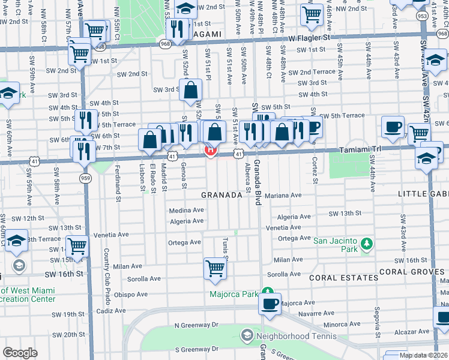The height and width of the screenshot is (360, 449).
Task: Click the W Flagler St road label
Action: click(309, 37)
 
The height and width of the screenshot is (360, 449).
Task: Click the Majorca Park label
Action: click(232, 294)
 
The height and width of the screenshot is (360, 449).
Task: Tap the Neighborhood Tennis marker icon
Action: click(246, 334)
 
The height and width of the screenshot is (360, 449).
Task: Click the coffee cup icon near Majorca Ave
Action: click(270, 302)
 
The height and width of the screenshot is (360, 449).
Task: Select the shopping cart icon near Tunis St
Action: click(214, 268)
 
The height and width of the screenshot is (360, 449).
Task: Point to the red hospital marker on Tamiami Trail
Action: click(211, 150)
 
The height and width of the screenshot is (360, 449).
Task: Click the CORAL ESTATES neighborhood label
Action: click(334, 278)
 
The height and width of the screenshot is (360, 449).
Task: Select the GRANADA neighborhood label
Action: click(221, 196)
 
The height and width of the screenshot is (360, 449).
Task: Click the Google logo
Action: click(20, 353)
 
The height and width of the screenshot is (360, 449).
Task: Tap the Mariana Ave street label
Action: click(283, 195)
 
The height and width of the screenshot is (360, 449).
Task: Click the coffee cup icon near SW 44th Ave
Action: click(393, 127)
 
